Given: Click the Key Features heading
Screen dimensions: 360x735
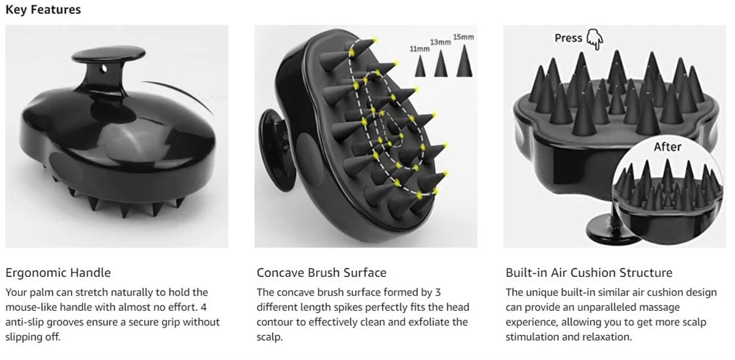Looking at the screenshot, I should click(43, 10).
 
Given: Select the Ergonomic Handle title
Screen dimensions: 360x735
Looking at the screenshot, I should click(58, 273).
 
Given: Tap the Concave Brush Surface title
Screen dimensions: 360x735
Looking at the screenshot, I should click(321, 273).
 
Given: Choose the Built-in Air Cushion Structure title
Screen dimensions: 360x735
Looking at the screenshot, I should click(589, 273).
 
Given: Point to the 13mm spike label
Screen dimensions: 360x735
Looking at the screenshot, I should click(440, 43).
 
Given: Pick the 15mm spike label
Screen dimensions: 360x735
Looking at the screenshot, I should click(464, 36).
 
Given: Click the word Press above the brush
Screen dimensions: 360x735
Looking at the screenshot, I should click(568, 38).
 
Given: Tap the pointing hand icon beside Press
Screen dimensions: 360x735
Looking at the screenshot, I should click(594, 40).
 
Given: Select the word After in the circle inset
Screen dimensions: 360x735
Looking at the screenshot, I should click(667, 147).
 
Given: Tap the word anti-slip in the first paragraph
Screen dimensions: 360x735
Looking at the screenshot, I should click(26, 322).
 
